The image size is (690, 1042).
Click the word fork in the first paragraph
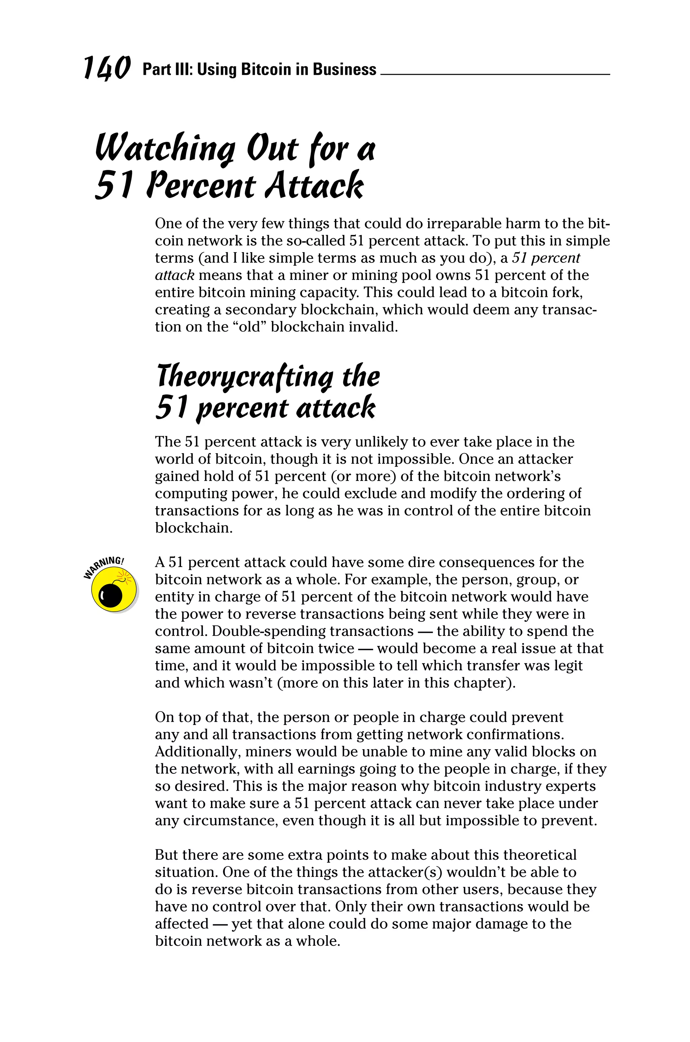coord(568,292)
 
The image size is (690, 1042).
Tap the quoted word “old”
coord(248,327)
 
